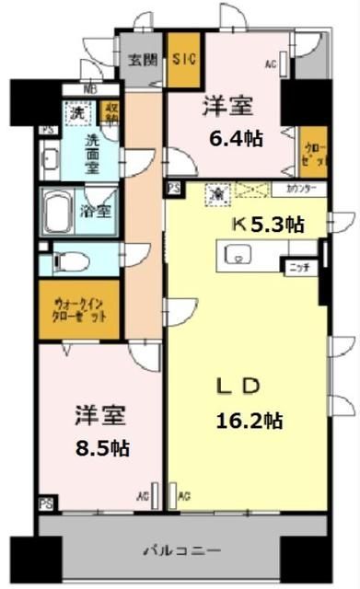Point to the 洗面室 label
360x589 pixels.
point(95,147)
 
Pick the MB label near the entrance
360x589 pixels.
point(89,89)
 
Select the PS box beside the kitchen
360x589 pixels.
point(173,189)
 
